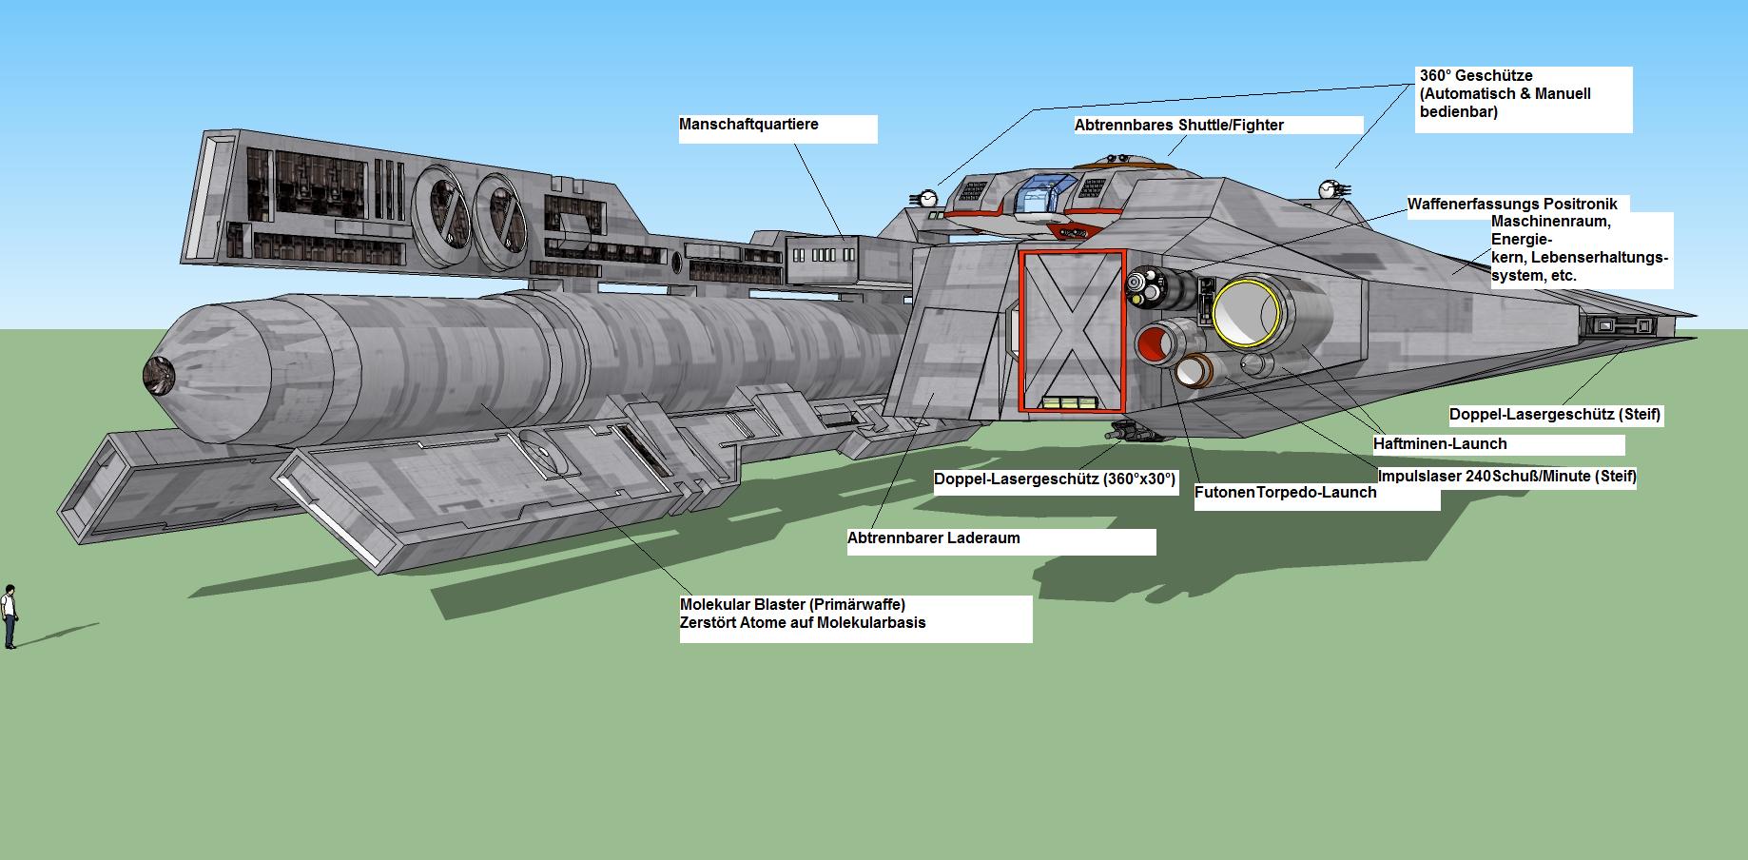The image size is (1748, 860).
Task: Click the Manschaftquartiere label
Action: click(x=748, y=125)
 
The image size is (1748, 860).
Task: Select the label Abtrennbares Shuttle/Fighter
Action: click(x=1179, y=126)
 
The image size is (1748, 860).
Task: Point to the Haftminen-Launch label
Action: click(x=1440, y=443)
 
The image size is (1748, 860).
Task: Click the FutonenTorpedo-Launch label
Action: click(x=1285, y=492)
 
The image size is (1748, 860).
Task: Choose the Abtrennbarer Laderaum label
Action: click(x=933, y=537)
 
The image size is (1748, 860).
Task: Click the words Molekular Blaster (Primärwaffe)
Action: click(x=792, y=604)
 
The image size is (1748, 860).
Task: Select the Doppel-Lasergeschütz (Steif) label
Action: click(x=1555, y=415)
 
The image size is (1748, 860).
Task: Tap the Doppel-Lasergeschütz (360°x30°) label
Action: click(x=1055, y=479)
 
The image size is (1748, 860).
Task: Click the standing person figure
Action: click(x=10, y=616)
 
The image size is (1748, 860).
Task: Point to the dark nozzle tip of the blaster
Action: click(x=157, y=376)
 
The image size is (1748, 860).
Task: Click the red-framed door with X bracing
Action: click(x=1072, y=330)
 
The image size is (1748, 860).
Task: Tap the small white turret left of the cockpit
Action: click(x=924, y=198)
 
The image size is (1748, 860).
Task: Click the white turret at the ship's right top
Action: click(x=1330, y=189)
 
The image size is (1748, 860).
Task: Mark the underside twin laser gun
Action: click(x=1132, y=432)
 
